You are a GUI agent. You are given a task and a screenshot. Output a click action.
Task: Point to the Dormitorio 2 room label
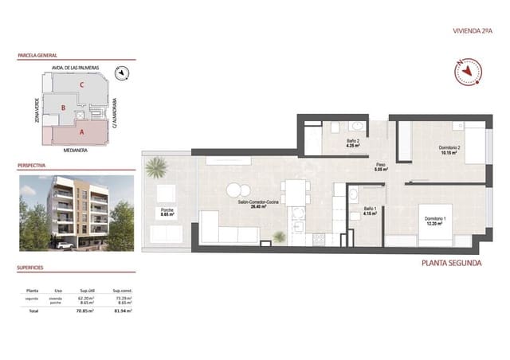(427, 150)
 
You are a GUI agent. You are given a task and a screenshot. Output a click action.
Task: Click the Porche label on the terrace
(167, 212)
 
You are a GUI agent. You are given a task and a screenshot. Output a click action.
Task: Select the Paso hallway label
(381, 166)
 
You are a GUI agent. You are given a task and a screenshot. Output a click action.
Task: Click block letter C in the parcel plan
(81, 84)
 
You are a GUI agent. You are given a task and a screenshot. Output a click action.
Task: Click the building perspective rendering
(76, 212)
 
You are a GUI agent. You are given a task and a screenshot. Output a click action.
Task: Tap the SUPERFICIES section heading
(33, 269)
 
